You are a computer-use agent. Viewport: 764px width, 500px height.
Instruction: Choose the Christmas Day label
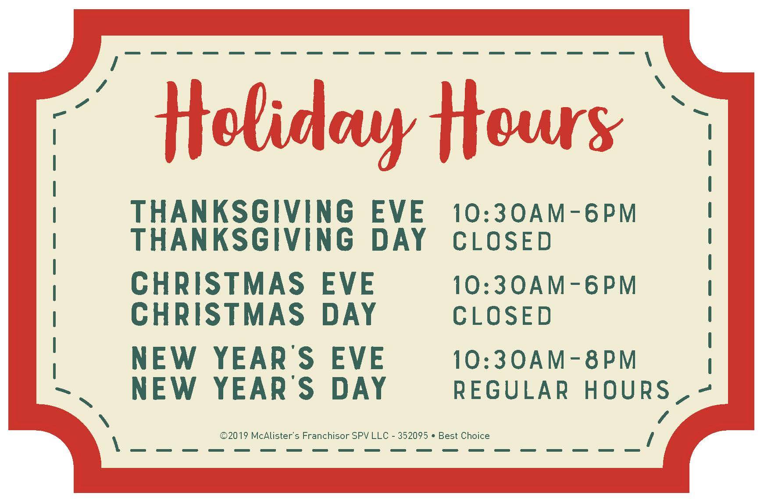click(x=254, y=313)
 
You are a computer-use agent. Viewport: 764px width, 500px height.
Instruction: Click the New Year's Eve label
click(x=258, y=358)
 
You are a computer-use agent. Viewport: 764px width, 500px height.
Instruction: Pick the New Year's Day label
click(x=259, y=388)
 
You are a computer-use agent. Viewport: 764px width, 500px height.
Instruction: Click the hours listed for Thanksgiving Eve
click(x=544, y=213)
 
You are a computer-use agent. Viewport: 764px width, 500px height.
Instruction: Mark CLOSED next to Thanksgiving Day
click(x=502, y=241)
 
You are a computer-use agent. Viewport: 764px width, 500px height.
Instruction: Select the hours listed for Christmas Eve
click(x=544, y=285)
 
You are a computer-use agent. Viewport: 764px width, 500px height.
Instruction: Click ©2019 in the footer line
click(x=234, y=436)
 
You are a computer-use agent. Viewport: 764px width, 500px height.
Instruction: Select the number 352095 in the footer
click(x=413, y=436)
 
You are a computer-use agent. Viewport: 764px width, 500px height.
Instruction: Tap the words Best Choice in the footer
click(x=464, y=436)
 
